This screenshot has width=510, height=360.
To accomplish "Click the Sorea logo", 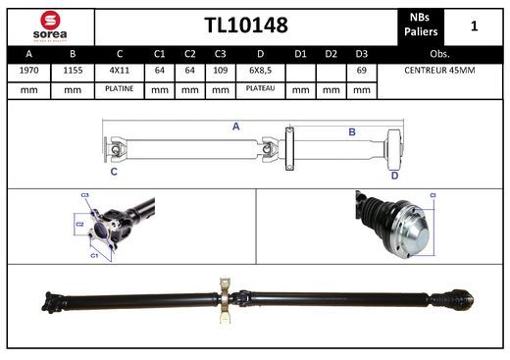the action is [50, 26].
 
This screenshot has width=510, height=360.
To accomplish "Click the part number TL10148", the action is [246, 26].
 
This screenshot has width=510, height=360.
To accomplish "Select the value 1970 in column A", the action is [28, 71].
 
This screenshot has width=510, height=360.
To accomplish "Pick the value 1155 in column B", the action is [73, 71].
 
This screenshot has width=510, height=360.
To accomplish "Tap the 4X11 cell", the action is [120, 71].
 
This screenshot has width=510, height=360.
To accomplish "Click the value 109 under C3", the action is [220, 71].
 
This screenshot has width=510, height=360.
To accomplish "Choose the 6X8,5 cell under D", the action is [260, 71].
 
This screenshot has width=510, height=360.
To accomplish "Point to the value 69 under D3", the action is [361, 71].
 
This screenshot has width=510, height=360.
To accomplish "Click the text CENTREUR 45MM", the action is [439, 71].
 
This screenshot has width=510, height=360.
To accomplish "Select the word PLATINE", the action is [120, 89].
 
